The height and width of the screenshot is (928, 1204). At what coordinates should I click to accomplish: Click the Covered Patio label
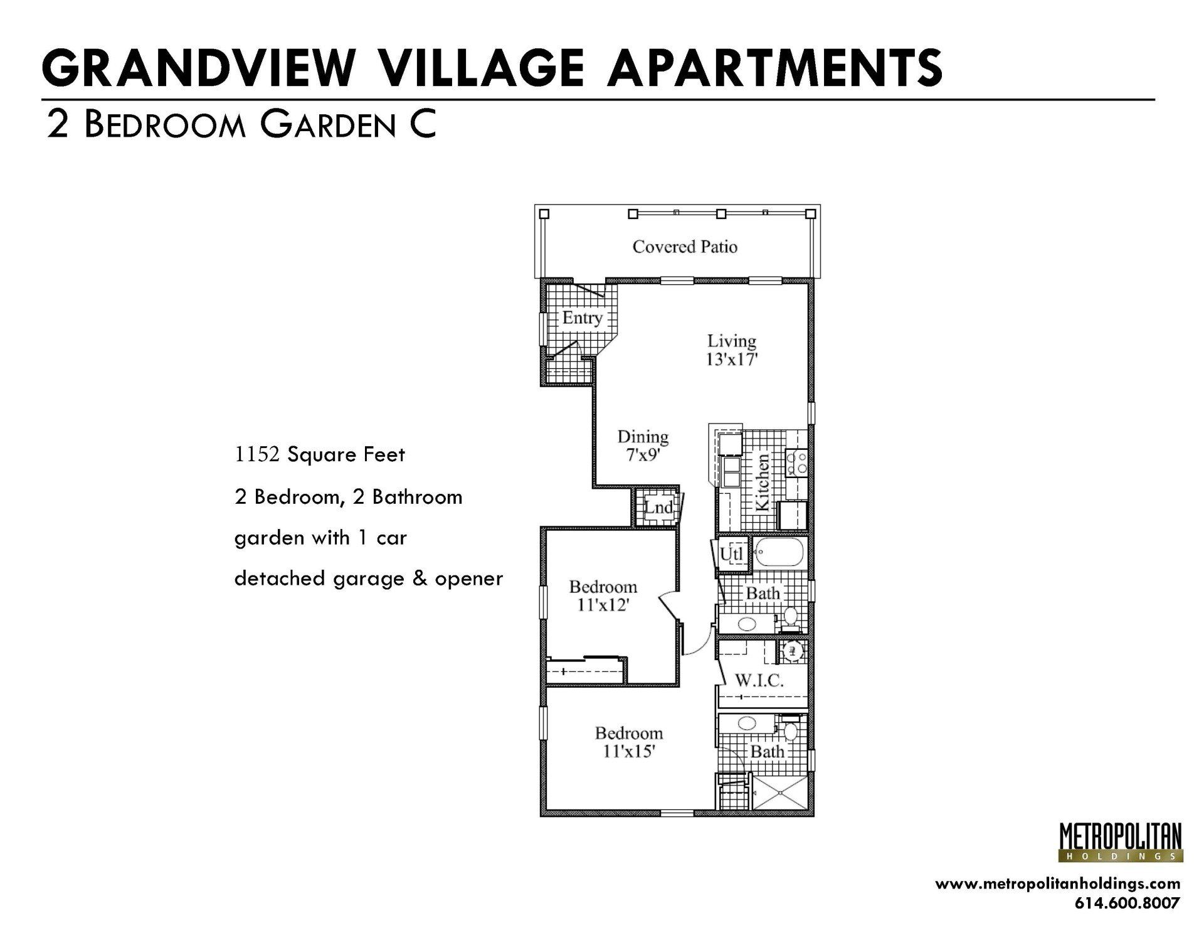(x=684, y=247)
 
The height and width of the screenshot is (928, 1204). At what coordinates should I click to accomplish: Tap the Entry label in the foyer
(x=582, y=317)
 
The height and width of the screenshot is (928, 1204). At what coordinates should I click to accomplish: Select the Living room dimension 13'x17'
(x=732, y=360)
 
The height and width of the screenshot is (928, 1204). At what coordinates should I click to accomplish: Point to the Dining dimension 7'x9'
(x=642, y=455)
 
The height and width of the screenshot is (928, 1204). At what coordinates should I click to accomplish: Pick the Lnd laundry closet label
(x=658, y=507)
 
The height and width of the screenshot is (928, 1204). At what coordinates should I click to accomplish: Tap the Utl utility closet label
(x=731, y=554)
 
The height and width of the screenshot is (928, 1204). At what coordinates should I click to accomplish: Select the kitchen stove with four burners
(x=796, y=463)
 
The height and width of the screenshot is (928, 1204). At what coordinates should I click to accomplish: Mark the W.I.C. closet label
(x=759, y=680)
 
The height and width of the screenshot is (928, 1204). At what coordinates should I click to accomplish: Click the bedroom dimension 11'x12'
(x=603, y=605)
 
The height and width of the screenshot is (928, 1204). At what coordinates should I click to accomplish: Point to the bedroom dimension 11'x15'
(x=629, y=751)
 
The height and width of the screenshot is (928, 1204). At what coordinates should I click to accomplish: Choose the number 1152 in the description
(x=256, y=454)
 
